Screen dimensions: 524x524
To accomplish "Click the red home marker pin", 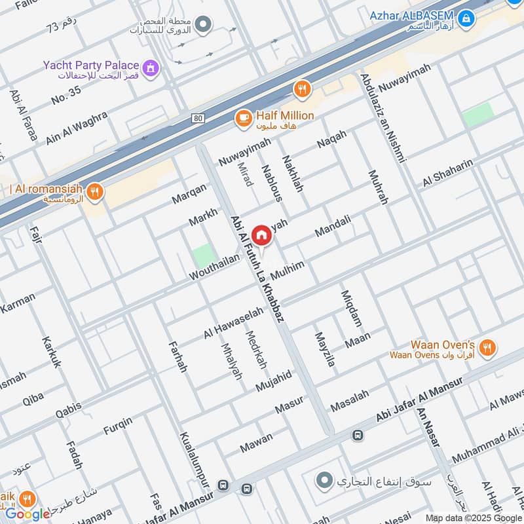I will (261, 235).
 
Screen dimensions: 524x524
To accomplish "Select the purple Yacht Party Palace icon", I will (151, 67).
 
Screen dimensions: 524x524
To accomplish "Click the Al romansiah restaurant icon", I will (96, 191).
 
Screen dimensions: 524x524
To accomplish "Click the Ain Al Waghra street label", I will (77, 128).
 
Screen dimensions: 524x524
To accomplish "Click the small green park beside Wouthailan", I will (204, 255).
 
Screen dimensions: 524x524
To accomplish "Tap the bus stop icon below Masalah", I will (358, 436).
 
